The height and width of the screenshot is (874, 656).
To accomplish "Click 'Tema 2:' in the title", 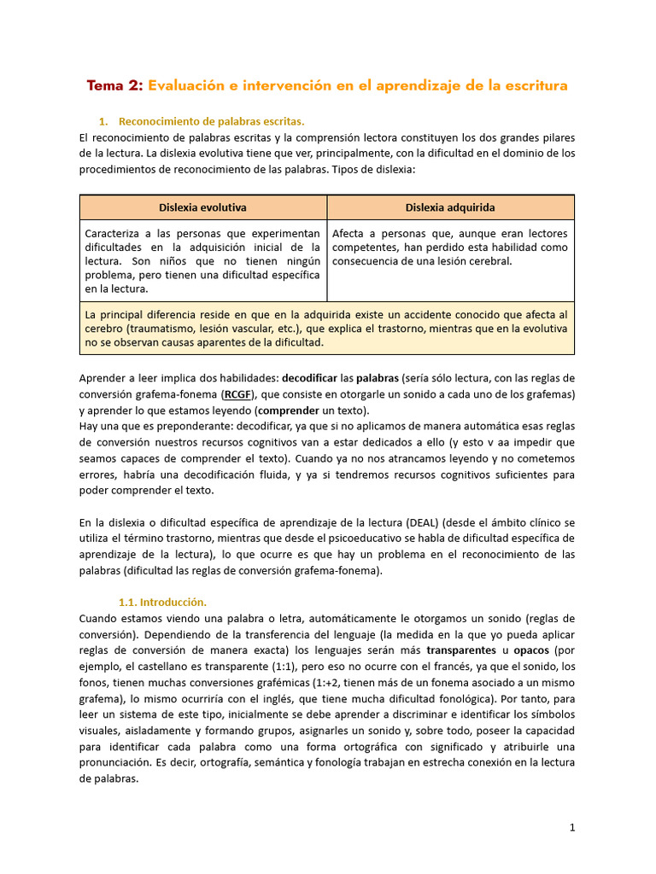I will click(x=115, y=85).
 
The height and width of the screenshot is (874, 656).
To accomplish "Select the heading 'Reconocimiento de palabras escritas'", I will click(x=211, y=121).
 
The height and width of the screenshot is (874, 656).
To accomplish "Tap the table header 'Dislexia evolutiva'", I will click(x=202, y=207).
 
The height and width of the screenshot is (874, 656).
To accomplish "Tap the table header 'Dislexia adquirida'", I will click(x=450, y=207).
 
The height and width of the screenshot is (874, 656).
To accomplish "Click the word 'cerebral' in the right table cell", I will click(x=489, y=260).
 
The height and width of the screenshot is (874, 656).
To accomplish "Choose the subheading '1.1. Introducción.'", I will click(x=162, y=602).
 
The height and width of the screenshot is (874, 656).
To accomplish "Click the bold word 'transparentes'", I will click(x=462, y=650).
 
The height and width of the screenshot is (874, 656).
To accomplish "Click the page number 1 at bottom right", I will click(x=572, y=827).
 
